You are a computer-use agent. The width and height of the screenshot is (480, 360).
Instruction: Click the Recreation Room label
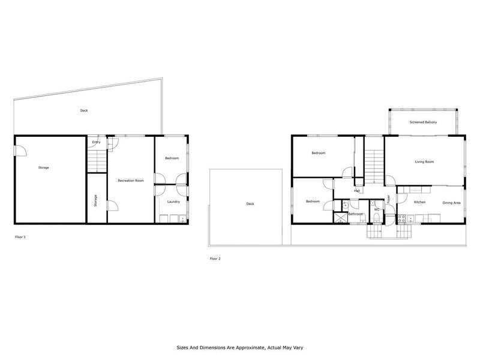click(130, 181)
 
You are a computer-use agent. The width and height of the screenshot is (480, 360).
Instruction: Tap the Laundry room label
click(173, 202)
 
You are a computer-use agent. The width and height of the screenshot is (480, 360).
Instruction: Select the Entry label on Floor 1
click(96, 142)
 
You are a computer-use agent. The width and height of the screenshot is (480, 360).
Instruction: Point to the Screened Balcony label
click(423, 122)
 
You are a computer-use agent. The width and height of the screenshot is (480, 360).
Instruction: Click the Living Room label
click(424, 162)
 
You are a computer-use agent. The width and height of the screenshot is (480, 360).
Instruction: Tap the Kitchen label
click(419, 202)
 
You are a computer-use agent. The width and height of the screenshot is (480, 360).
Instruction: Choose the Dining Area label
click(451, 203)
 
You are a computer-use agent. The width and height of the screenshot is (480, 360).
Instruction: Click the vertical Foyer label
click(389, 199)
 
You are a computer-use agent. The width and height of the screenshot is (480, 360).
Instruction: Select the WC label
click(376, 209)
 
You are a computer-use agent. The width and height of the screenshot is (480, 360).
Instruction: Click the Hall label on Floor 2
click(356, 191)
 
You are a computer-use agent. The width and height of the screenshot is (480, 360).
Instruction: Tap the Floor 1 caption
click(20, 237)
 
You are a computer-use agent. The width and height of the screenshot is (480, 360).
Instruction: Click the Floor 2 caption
click(215, 259)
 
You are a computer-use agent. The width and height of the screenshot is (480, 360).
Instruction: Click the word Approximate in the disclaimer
click(252, 347)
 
